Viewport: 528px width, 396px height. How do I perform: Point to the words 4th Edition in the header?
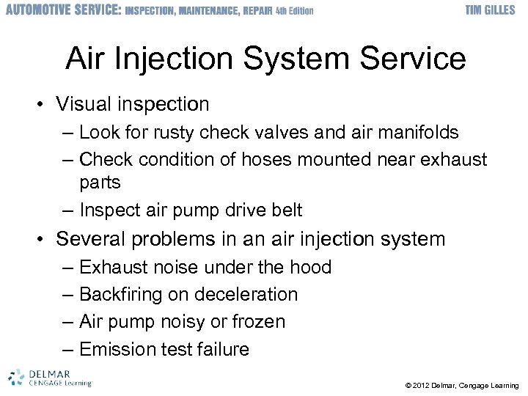tap(294, 11)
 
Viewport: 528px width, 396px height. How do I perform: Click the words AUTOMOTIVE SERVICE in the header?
tap(62, 10)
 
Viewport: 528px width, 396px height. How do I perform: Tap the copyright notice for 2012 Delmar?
tap(461, 385)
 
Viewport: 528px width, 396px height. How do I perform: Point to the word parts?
tap(100, 182)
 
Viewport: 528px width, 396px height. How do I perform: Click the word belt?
tap(286, 210)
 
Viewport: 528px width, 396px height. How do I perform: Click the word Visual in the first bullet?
tap(86, 105)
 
